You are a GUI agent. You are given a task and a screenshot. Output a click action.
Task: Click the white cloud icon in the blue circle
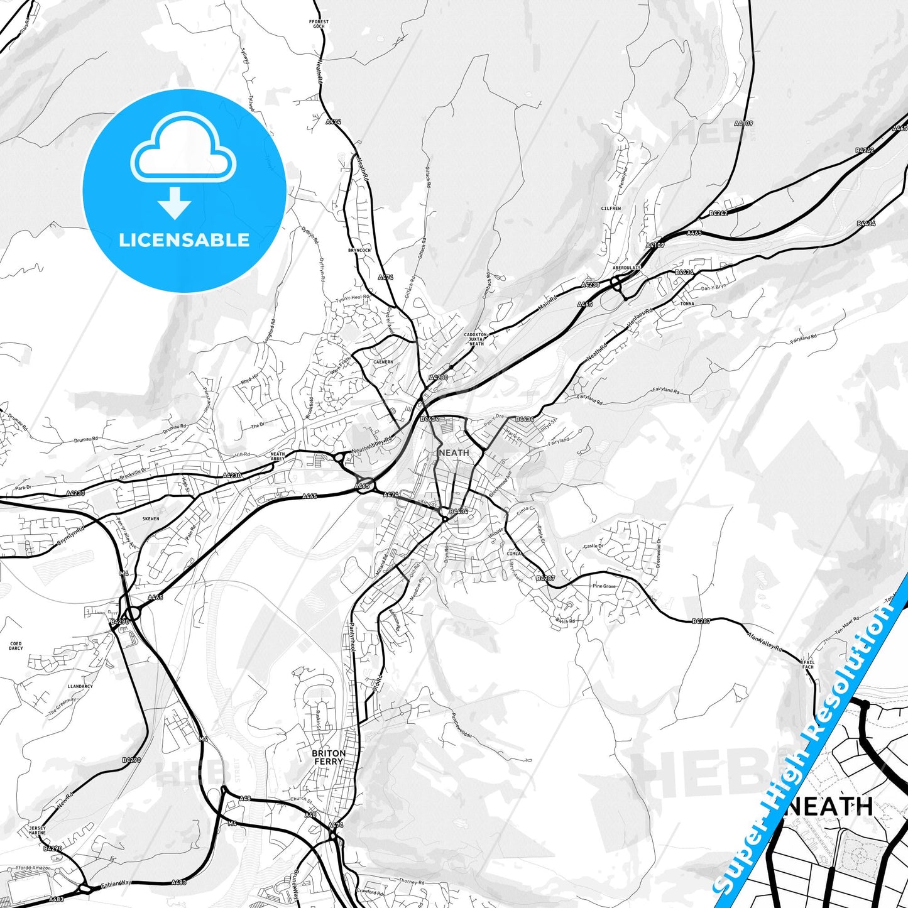coord(183,150)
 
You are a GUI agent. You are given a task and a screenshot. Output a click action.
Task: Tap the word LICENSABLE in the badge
coord(184,240)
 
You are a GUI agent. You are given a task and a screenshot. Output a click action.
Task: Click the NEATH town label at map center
coord(454,452)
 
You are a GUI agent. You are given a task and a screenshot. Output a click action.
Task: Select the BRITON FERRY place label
coord(329,757)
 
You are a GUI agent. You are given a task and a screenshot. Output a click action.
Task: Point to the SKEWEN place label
coord(151,519)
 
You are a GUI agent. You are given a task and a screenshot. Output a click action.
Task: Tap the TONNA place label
coord(687,304)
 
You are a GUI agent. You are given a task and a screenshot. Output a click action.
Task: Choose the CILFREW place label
coord(611,209)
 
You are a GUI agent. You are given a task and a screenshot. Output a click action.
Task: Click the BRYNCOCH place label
coord(359,250)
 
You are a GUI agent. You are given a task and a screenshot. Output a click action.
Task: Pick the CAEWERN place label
coord(383,362)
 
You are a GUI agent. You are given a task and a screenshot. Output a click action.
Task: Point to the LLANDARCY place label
coord(80,686)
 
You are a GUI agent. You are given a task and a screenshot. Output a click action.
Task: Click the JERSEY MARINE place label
coord(37,831)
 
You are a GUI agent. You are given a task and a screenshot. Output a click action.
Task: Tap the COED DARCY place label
coord(16,646)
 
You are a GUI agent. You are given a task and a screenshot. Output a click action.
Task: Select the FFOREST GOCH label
coord(319,25)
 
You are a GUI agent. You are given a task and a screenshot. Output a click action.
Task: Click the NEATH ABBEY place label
coord(278,456)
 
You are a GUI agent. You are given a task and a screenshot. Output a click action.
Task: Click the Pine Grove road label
coord(604,586)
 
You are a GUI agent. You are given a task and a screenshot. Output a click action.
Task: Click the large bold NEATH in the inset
coord(830,806)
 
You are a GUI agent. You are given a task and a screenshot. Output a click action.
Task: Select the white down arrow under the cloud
coord(175,202)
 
